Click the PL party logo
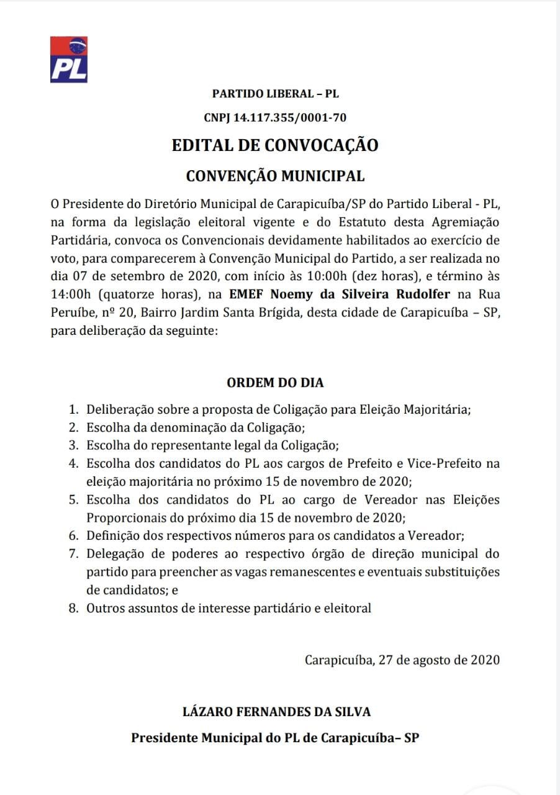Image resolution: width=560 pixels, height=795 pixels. [69, 60]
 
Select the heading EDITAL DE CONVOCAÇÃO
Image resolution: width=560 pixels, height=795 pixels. [275, 145]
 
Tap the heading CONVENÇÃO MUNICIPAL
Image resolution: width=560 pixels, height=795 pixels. [276, 176]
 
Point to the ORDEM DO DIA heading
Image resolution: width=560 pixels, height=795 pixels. [275, 383]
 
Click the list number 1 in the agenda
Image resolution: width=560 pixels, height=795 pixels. [73, 410]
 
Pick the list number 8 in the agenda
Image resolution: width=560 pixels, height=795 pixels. [73, 608]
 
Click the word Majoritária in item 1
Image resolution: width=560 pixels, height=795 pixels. [437, 410]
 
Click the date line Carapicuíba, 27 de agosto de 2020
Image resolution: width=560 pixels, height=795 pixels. [402, 660]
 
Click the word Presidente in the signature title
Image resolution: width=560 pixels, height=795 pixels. [163, 738]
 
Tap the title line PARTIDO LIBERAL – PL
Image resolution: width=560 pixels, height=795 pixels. [276, 94]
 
